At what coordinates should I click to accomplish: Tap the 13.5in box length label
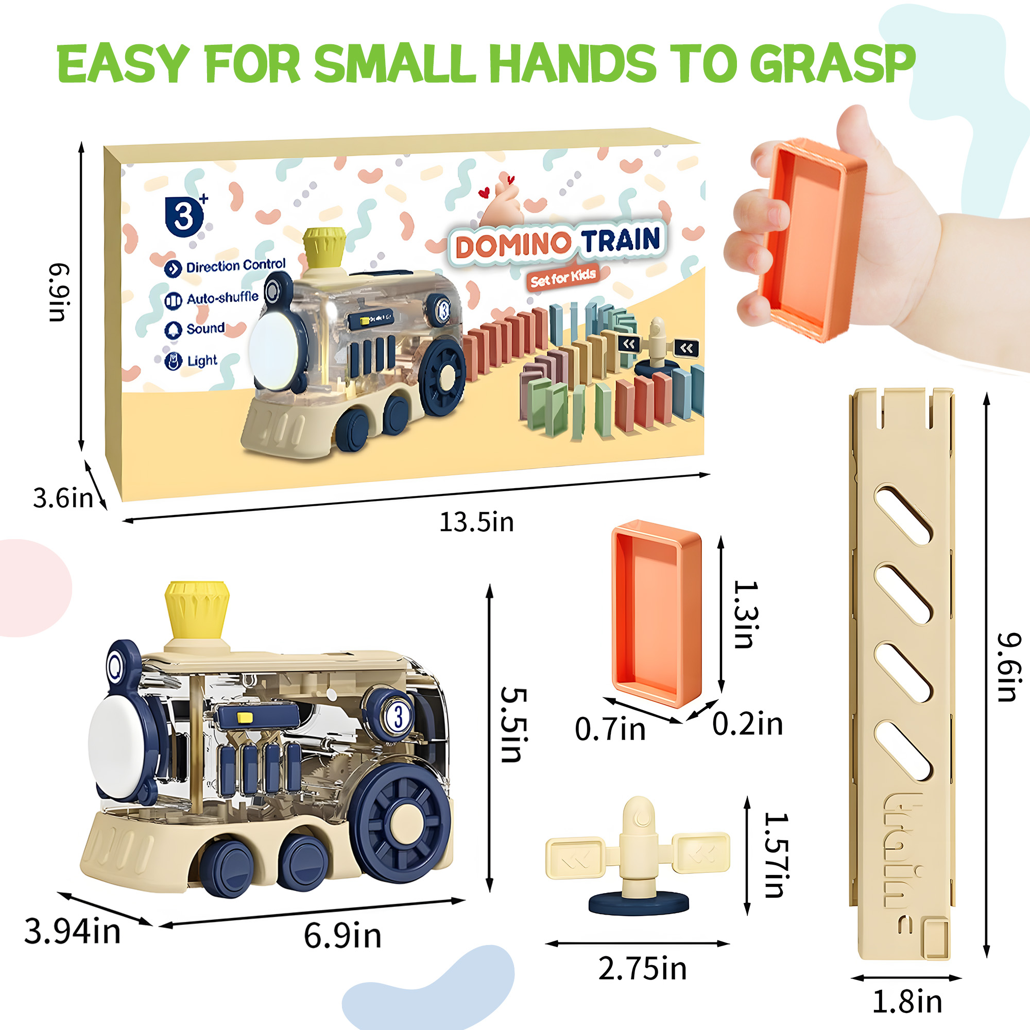476,522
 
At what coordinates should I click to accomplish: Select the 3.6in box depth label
62,498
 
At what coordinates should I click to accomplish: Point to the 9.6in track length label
1009,667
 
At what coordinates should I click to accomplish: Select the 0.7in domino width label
610,728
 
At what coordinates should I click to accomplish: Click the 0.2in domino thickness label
747,724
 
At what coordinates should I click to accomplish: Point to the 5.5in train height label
514,725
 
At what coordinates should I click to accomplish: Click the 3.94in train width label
73,931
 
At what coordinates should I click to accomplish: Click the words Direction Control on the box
235,265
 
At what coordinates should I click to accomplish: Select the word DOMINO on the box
512,245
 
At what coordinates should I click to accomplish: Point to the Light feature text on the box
202,361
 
